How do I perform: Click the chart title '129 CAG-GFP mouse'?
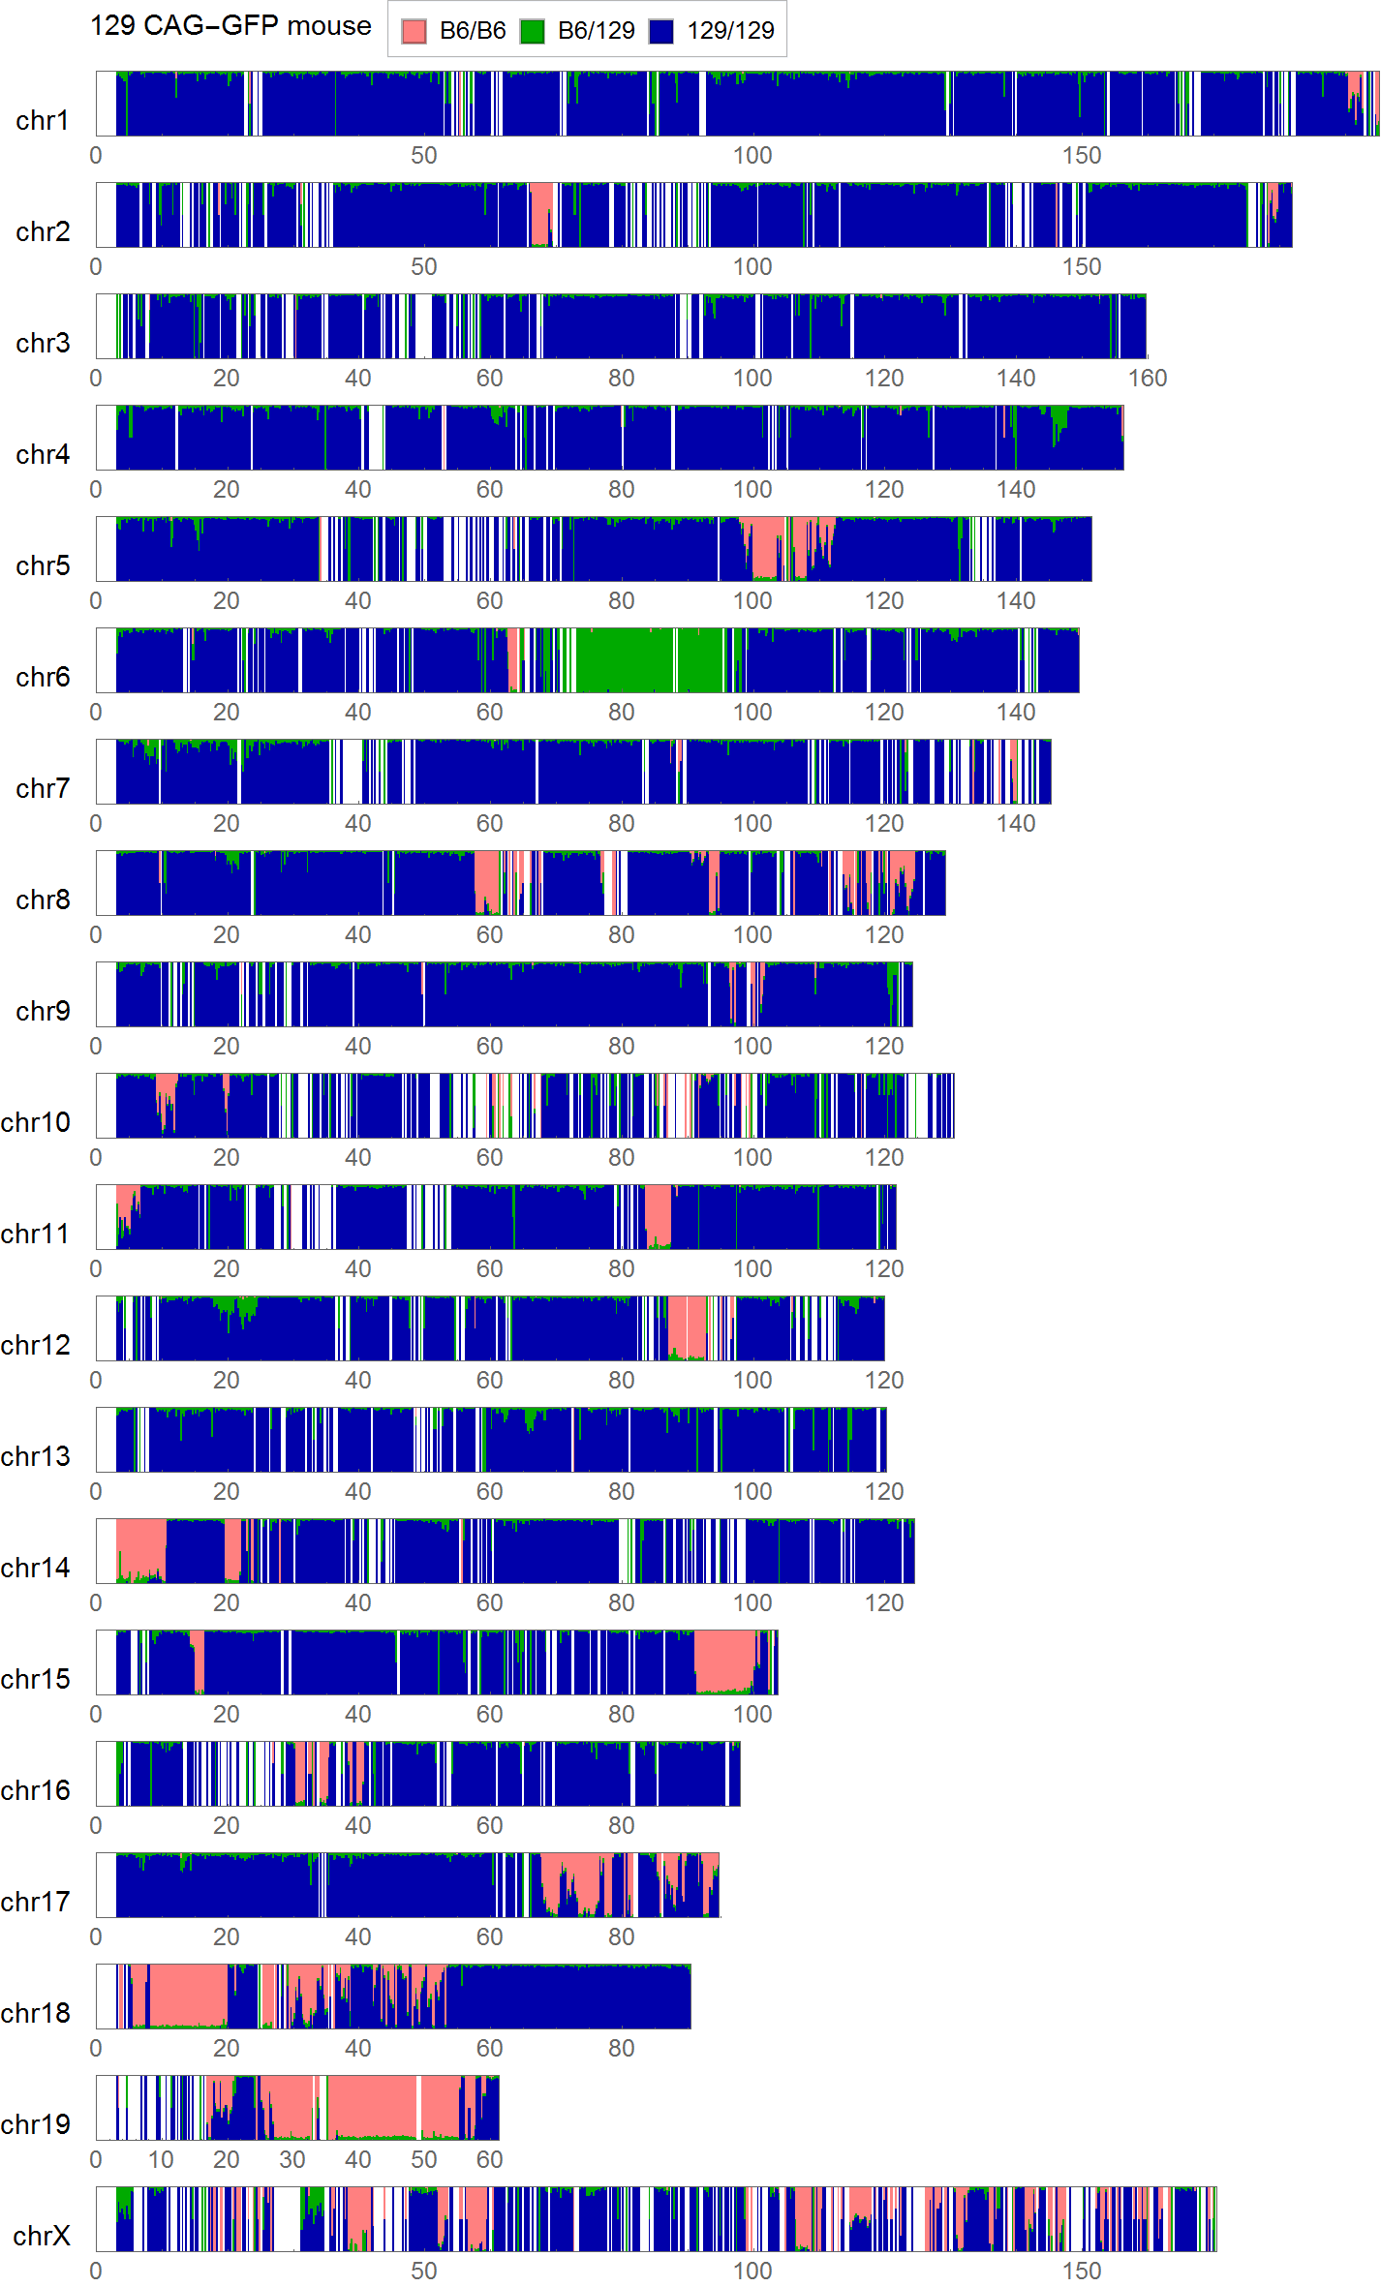pos(230,26)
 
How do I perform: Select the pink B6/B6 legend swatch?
pos(414,31)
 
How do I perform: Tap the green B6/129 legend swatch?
pos(532,31)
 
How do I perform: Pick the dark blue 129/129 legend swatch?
pos(660,31)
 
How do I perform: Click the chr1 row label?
pos(43,120)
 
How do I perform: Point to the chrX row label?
pos(42,2236)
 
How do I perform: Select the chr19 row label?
pos(36,2124)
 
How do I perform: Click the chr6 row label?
pos(43,677)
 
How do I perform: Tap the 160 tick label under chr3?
pos(1147,379)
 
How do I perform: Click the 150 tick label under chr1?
pos(1081,156)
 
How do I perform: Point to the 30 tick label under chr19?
pos(292,2159)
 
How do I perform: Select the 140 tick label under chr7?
pos(1015,824)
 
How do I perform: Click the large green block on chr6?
pos(625,660)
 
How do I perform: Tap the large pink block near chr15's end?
pos(724,1660)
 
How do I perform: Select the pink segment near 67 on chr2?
pos(540,213)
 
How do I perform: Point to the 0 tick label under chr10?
pos(96,1158)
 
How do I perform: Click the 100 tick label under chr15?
pos(752,1715)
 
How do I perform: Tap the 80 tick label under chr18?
pos(621,2049)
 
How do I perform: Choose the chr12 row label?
pos(36,1345)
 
